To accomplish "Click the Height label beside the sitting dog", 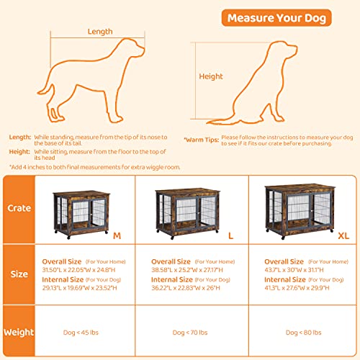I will point(210,76).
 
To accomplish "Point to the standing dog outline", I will point(101,79).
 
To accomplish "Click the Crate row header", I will point(20,209).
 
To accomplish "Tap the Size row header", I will point(20,274).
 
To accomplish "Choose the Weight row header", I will point(20,332).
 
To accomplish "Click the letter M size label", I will point(116,238).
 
